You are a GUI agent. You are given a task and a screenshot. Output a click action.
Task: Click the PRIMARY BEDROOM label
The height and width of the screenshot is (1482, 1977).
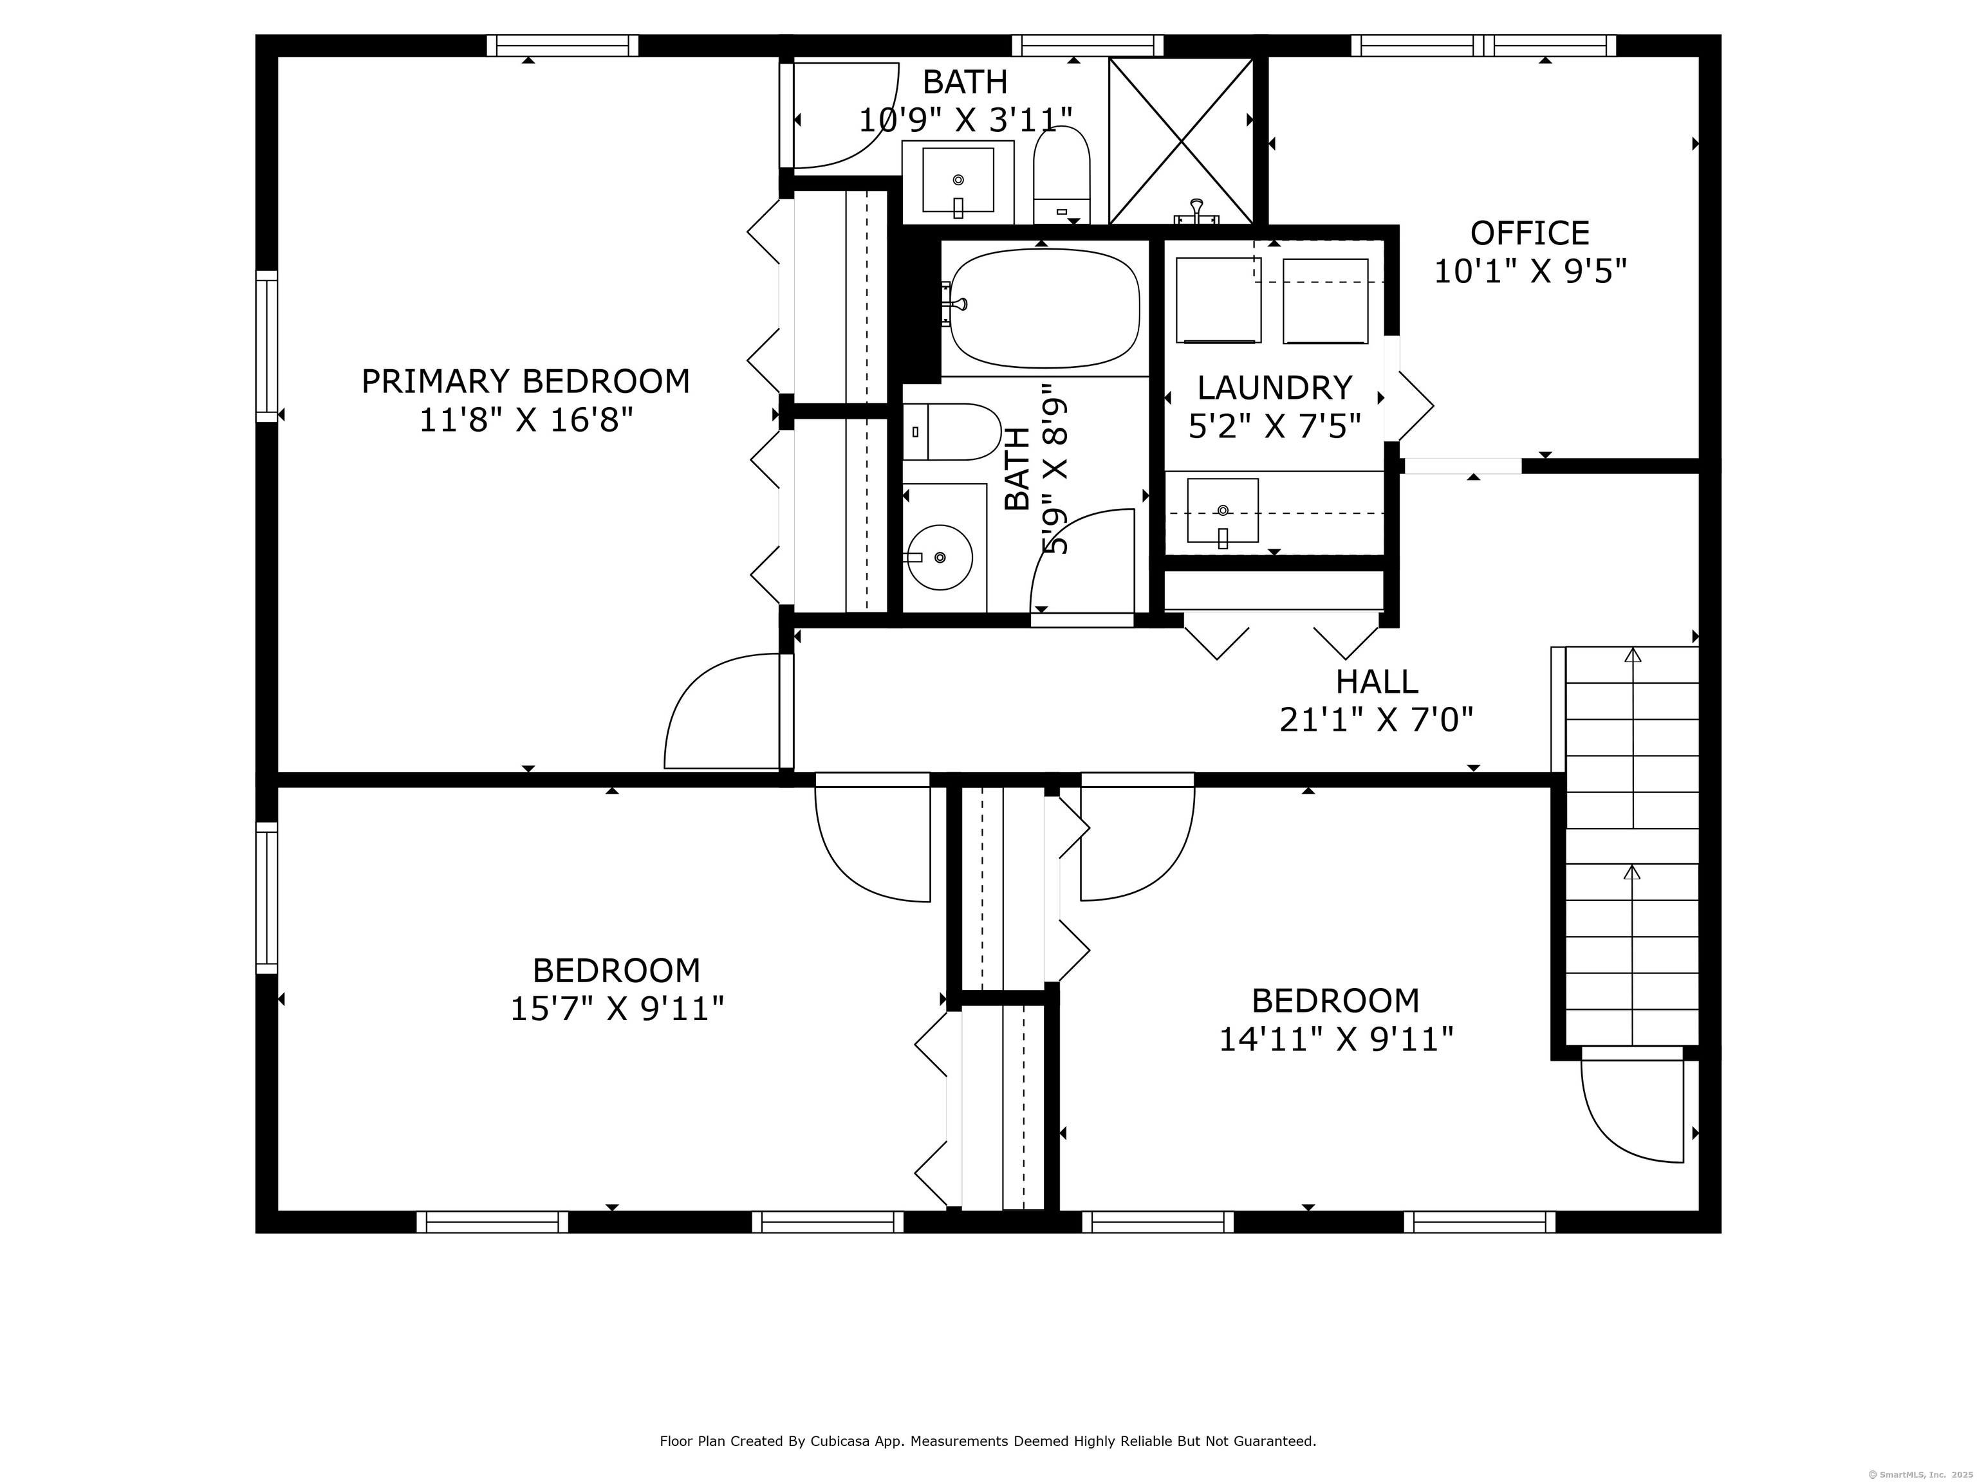tap(526, 381)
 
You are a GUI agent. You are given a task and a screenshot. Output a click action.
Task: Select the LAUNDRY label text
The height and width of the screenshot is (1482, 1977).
tap(1274, 388)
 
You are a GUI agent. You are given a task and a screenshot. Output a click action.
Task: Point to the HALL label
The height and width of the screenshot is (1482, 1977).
tap(1377, 682)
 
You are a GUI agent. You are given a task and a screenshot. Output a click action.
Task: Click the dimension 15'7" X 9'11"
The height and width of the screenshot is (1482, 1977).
tap(617, 1009)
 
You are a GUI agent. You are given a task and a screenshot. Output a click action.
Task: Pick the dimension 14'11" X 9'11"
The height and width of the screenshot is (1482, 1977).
tap(1336, 1039)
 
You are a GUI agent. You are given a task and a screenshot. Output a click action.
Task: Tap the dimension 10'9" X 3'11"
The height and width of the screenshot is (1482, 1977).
tap(965, 120)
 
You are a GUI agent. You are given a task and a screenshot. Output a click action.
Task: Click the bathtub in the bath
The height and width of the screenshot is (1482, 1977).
tap(1044, 308)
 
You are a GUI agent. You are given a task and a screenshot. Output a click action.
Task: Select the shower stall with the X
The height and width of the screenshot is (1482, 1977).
tap(1182, 141)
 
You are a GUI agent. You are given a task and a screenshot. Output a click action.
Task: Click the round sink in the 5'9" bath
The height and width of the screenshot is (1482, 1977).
tap(940, 558)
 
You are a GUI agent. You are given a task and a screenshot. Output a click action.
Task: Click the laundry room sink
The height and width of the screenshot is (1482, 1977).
tap(1223, 511)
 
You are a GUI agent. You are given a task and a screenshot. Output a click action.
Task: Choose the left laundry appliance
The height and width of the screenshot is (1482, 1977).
tap(1218, 300)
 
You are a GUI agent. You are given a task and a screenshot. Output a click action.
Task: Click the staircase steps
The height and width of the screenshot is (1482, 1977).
tap(1632, 846)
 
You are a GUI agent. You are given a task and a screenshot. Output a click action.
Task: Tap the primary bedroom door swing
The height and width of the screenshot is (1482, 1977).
tap(722, 711)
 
